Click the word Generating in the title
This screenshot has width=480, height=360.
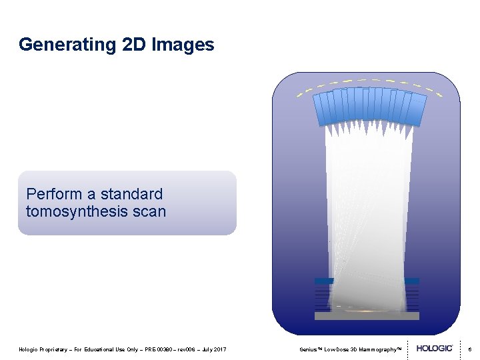[59, 45]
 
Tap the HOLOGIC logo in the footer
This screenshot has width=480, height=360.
[435, 348]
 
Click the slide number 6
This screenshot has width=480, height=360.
[469, 349]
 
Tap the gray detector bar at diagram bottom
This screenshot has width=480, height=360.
[367, 316]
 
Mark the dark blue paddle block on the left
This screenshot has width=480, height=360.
[323, 281]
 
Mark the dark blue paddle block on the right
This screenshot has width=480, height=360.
[411, 281]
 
